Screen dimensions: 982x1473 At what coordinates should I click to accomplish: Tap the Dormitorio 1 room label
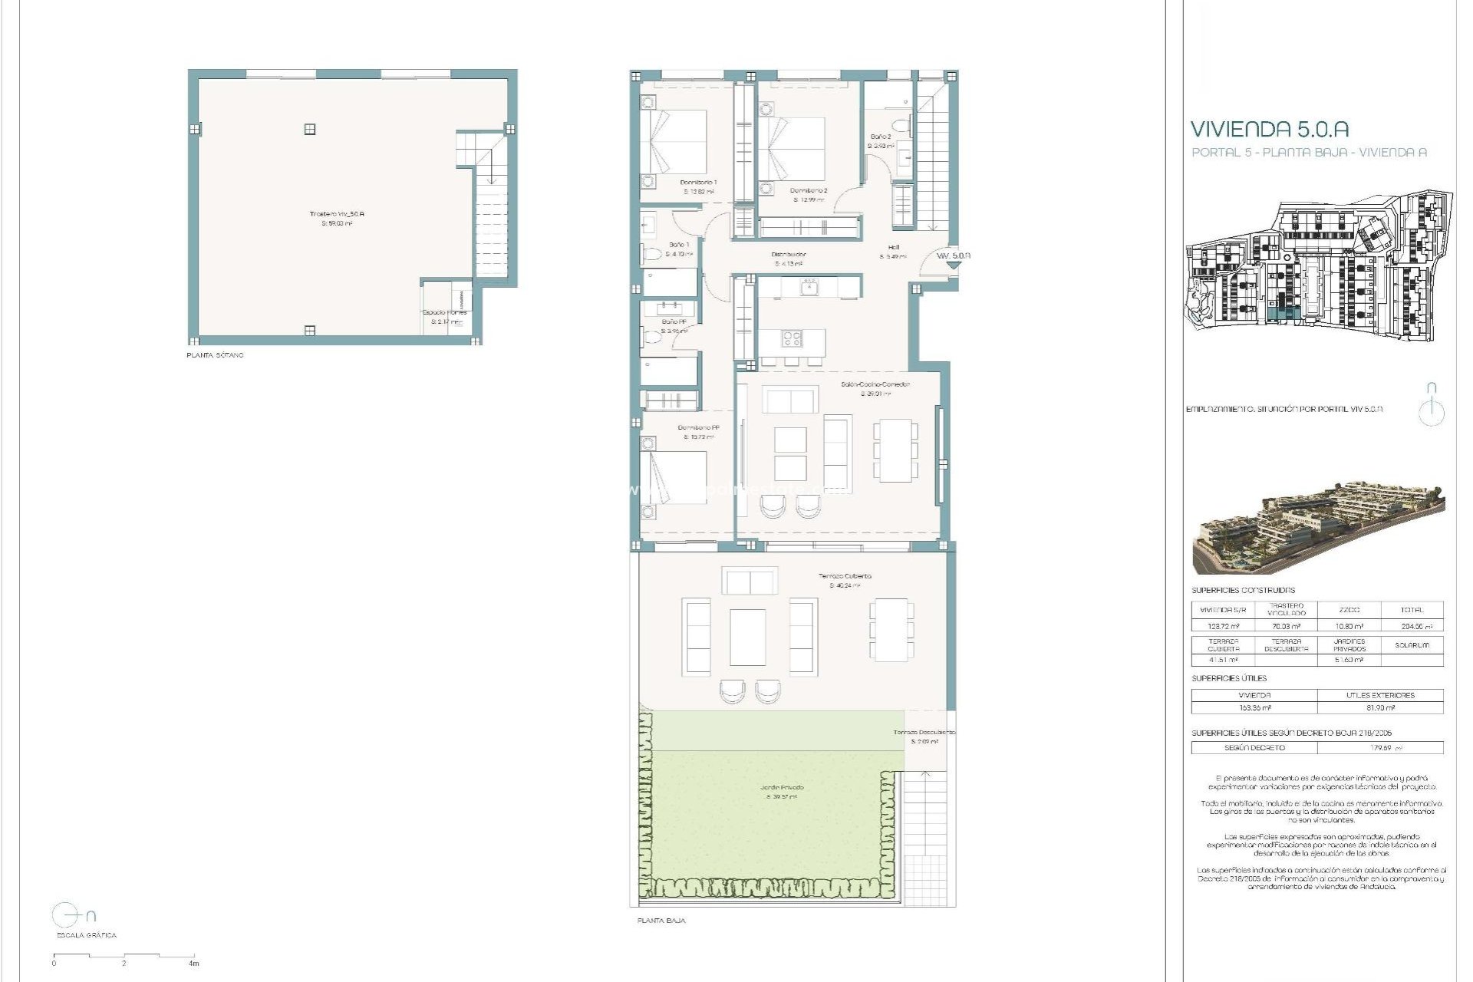click(x=698, y=183)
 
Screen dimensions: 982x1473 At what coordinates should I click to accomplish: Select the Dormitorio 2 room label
click(x=809, y=190)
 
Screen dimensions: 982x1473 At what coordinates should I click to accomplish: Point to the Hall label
click(x=894, y=247)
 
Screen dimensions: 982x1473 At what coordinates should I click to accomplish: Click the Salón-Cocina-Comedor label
click(x=874, y=384)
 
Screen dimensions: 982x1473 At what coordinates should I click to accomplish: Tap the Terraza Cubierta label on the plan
click(x=845, y=575)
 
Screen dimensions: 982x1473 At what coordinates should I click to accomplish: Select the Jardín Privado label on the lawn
click(x=783, y=787)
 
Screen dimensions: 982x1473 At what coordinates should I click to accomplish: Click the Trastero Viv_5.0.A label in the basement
click(x=338, y=214)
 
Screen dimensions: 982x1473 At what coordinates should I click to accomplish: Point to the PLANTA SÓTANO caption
click(x=215, y=356)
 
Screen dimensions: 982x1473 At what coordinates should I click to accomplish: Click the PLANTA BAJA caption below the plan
click(x=661, y=920)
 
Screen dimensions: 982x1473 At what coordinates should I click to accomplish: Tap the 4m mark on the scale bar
click(x=194, y=964)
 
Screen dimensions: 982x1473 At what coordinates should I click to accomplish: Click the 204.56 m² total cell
click(x=1411, y=625)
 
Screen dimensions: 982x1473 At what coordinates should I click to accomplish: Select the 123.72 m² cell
click(x=1223, y=625)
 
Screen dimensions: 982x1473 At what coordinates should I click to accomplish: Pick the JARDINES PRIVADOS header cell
click(x=1349, y=645)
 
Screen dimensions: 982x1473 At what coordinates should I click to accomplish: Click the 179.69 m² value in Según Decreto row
click(x=1378, y=747)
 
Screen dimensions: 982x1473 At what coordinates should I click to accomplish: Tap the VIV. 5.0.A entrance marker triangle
click(x=953, y=265)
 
